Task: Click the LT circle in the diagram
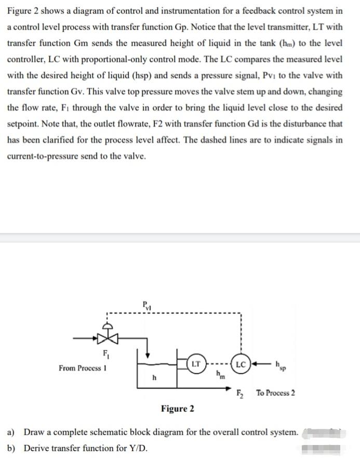196,363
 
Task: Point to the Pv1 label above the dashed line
148,307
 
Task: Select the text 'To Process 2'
275,392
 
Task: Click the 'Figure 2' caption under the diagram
178,409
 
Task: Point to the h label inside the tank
154,377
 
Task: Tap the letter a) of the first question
10,432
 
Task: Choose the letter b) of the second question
10,448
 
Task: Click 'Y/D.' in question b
135,448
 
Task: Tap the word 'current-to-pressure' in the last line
44,156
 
